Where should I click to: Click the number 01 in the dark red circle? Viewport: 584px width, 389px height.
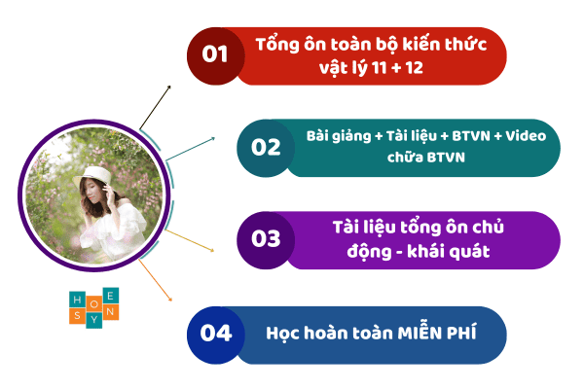[214, 54]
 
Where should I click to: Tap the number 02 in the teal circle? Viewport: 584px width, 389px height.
[266, 148]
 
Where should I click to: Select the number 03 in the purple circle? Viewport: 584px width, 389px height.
[266, 238]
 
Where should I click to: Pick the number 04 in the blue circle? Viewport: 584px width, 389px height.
[216, 333]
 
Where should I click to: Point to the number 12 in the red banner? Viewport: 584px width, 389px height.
[415, 68]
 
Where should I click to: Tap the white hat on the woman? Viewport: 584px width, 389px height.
[92, 176]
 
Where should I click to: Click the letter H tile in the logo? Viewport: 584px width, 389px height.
[78, 300]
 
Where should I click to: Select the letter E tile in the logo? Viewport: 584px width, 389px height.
[111, 296]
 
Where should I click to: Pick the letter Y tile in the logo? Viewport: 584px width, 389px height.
[93, 320]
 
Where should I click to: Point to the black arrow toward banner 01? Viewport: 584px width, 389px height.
[155, 108]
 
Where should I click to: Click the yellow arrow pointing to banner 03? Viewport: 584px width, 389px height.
[190, 241]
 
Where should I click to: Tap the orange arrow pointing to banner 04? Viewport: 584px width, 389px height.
[156, 280]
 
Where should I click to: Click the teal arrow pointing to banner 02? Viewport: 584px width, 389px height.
[191, 149]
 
